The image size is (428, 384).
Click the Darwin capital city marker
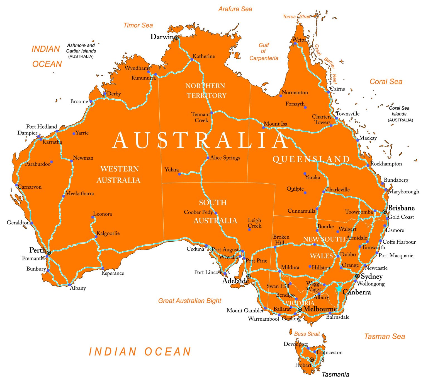click(176, 37)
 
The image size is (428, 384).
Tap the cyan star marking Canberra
click(339, 288)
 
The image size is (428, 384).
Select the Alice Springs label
click(225, 158)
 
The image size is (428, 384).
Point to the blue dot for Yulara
click(179, 174)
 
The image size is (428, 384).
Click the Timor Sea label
click(138, 25)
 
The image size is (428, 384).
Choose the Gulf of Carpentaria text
click(264, 52)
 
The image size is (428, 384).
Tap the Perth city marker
click(49, 253)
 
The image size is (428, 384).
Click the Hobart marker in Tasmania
click(312, 360)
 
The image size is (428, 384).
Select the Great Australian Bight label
click(189, 301)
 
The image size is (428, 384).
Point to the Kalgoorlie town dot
click(96, 237)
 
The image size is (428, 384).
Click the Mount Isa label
click(275, 124)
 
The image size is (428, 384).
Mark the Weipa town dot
click(295, 43)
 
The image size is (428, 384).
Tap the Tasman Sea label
click(384, 336)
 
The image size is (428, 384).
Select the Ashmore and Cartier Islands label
click(81, 51)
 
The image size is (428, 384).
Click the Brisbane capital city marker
click(385, 212)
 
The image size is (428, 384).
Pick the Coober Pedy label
click(198, 212)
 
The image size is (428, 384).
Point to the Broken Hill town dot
click(275, 247)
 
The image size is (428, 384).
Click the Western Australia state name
click(119, 174)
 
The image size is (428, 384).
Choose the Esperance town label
click(113, 273)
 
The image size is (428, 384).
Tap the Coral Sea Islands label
click(399, 114)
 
